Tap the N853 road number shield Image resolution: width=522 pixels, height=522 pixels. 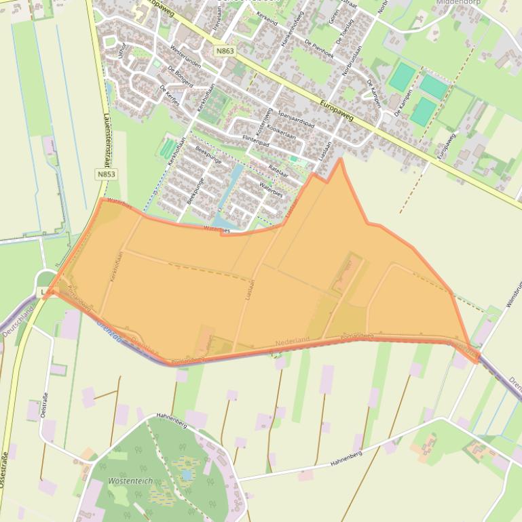point(106,174)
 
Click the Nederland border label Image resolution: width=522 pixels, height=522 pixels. point(293,339)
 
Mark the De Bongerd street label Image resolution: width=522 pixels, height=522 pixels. point(181,77)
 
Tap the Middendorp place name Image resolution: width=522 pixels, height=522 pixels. point(458,3)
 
